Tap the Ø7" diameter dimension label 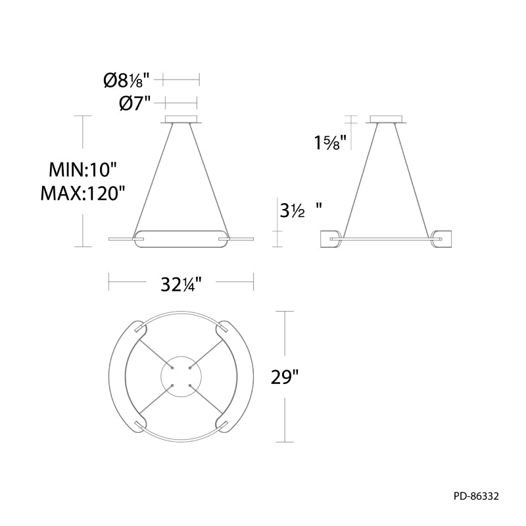coord(135,104)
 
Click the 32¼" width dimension coord(181,285)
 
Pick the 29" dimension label coord(285,377)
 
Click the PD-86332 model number coord(476,496)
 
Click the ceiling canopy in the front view coord(181,120)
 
